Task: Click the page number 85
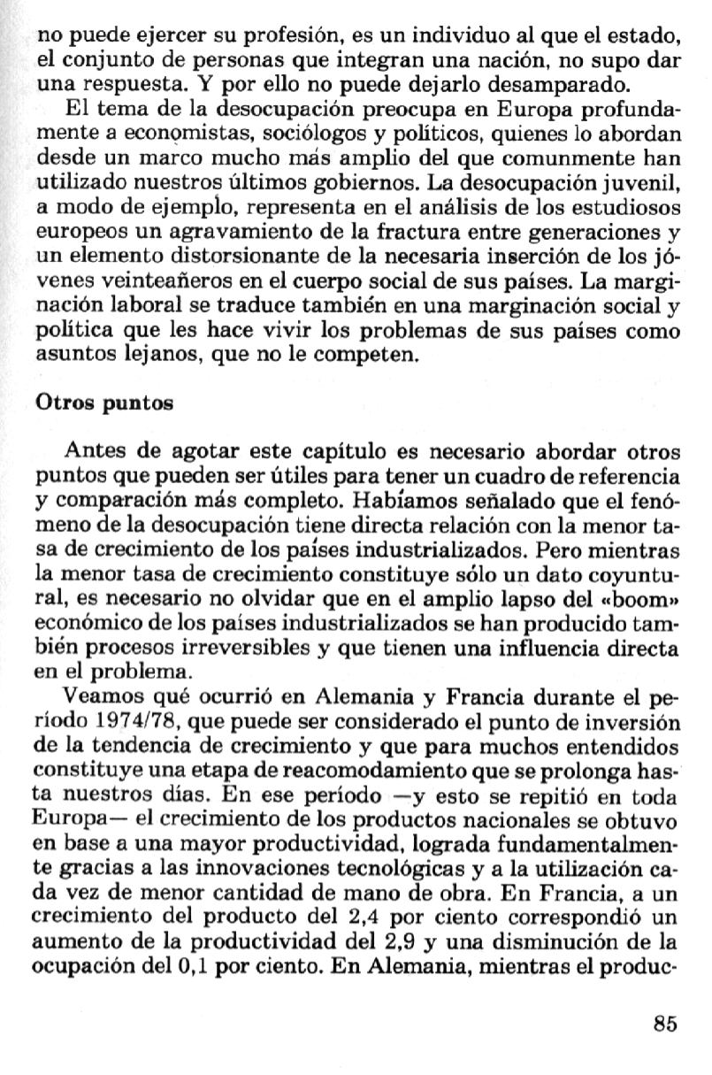[665, 1024]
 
